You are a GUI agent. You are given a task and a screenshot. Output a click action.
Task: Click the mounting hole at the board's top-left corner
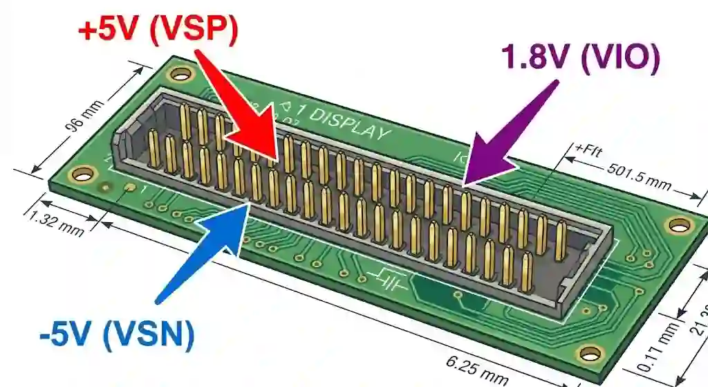point(180,74)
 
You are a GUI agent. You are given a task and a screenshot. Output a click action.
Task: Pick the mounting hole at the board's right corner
point(678,225)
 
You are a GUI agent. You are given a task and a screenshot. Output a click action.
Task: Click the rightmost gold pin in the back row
point(560,240)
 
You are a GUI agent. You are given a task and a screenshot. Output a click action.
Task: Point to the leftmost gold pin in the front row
point(153,149)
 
